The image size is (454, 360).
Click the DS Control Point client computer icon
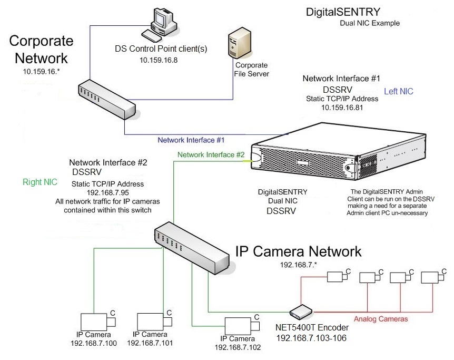point(163,24)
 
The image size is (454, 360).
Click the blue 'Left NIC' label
point(399,91)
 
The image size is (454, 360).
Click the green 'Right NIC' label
point(40,182)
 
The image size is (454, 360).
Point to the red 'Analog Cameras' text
point(380,319)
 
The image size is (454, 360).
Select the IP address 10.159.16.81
point(342,108)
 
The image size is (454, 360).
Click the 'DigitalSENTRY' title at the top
point(343,12)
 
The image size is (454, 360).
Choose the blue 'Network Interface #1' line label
point(191,140)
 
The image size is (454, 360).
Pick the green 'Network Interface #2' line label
point(211,154)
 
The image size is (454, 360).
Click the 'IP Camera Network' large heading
point(298,251)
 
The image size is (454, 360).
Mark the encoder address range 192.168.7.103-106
point(311,337)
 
